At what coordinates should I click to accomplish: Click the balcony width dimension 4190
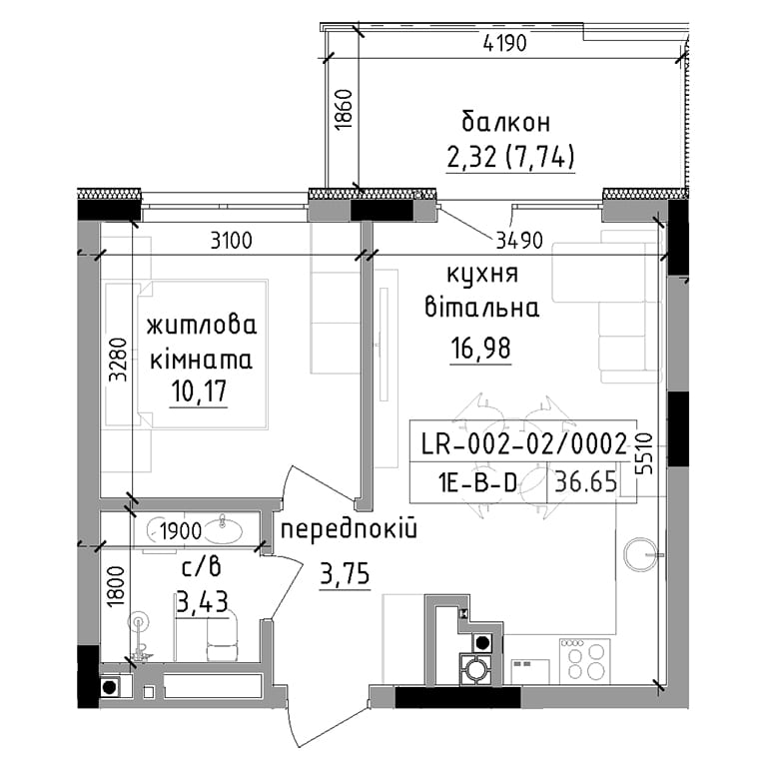[504, 44]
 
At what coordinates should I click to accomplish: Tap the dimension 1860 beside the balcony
[344, 109]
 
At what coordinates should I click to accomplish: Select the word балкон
[506, 122]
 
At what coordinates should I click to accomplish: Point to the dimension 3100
[231, 241]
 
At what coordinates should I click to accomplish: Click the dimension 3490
[519, 240]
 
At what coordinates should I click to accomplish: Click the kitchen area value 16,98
[480, 349]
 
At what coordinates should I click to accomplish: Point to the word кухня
[482, 275]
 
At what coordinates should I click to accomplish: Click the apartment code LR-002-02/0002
[523, 444]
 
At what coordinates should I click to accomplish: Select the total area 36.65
[586, 482]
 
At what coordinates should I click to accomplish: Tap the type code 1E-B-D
[478, 483]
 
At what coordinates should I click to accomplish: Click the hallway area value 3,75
[345, 573]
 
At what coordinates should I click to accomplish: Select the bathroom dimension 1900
[181, 530]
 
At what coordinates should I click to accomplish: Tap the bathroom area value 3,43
[202, 602]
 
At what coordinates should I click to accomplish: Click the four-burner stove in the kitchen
[584, 661]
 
